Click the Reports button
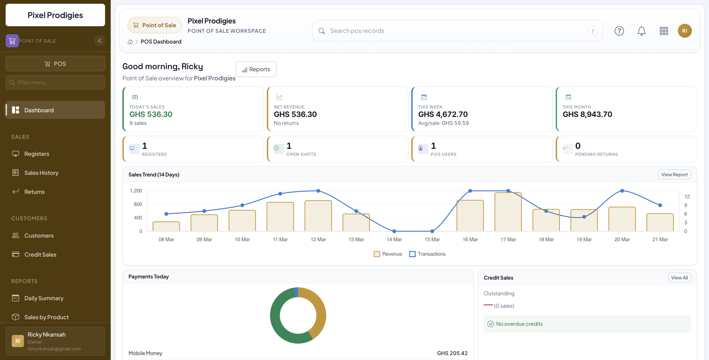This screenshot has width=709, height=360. (x=256, y=69)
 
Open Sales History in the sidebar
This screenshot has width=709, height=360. (x=41, y=172)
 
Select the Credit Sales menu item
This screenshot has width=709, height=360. (x=40, y=254)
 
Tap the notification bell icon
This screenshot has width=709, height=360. (x=641, y=31)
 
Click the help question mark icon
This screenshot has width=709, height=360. (x=619, y=31)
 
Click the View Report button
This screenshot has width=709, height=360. (x=674, y=175)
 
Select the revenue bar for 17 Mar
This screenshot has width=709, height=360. (x=508, y=212)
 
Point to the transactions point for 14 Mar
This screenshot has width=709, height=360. (x=394, y=231)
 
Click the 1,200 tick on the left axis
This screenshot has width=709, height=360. (x=136, y=191)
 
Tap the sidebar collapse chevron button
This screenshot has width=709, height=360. (x=100, y=41)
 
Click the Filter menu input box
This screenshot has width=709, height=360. (x=55, y=82)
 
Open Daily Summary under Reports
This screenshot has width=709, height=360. (x=44, y=298)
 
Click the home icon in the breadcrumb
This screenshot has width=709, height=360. (x=130, y=42)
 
